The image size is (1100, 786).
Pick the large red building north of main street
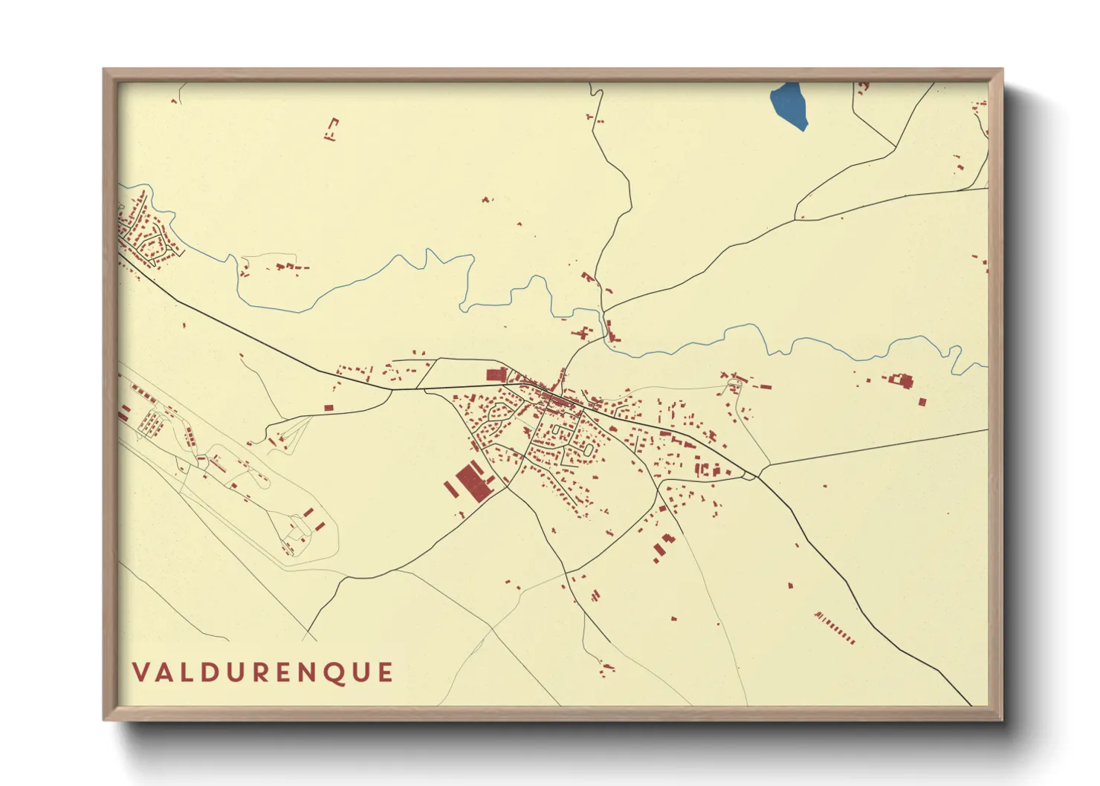[x=496, y=374]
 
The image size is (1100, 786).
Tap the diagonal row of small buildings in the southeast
[x=835, y=628]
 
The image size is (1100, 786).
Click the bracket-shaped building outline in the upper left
[x=332, y=128]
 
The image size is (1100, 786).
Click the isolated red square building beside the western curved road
[x=329, y=407]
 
